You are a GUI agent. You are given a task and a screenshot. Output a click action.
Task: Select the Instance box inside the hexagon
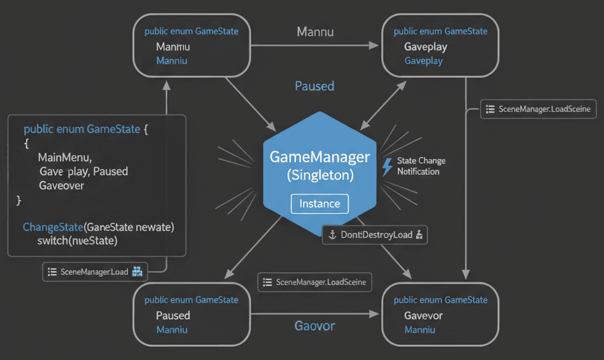320,204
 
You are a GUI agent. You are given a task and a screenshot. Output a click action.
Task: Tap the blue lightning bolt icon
386,167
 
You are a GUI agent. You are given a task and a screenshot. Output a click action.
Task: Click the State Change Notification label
421,166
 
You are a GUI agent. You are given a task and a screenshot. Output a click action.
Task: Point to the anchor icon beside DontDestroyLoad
332,235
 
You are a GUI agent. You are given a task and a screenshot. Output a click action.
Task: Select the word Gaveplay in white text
425,47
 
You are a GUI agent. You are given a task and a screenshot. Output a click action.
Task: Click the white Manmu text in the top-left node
173,47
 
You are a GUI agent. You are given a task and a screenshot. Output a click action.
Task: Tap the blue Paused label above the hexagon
314,86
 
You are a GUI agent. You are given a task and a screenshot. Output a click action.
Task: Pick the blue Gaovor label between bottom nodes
314,326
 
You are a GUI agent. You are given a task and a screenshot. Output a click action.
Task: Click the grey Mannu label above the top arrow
315,31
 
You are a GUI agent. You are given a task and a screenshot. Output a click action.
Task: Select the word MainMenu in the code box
65,157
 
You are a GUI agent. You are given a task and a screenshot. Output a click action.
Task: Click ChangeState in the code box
53,227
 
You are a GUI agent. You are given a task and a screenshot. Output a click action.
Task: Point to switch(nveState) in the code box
78,241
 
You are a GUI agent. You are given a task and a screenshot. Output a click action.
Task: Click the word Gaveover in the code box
62,186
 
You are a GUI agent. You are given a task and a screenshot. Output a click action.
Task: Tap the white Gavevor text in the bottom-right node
423,315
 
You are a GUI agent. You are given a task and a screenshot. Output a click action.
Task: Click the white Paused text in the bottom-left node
173,315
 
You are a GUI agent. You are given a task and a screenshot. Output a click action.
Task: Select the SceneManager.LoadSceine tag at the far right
538,109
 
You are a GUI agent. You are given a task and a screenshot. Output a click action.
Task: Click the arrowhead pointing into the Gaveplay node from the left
374,45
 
